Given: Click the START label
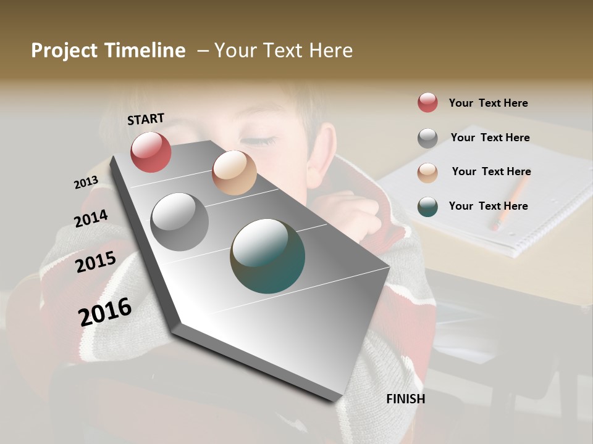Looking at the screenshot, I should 146,119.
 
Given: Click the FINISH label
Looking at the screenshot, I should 405,399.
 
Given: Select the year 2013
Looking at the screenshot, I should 86,183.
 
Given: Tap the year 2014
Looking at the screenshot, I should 91,218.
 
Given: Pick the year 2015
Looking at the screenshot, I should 96,262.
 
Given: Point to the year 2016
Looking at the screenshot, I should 105,311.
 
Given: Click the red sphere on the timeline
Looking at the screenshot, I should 151,152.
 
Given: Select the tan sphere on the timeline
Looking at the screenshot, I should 234,173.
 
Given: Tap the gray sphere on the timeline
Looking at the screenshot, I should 179,222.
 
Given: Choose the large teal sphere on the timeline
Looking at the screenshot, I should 267,256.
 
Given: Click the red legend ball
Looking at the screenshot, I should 427,103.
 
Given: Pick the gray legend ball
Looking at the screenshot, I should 427,138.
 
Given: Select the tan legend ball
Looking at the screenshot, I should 427,172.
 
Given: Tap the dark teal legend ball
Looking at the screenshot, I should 427,206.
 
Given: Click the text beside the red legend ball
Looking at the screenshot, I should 488,103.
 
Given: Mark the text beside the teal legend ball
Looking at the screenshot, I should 488,206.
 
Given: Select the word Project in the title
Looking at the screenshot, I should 64,51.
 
